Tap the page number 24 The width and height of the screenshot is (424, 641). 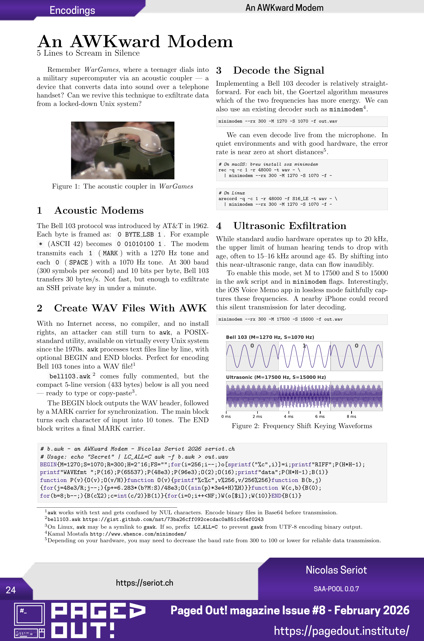(11, 590)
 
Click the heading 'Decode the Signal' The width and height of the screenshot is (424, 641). (278, 70)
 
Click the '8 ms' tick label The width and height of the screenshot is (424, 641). (351, 416)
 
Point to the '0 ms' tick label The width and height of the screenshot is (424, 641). (226, 416)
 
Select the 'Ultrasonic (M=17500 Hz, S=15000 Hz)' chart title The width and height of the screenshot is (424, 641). (276, 377)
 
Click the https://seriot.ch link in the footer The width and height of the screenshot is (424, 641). (144, 583)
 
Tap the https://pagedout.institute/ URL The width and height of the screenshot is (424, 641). (341, 631)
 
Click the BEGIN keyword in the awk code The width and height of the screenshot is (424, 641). (48, 465)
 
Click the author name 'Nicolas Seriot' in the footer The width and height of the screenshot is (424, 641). (336, 570)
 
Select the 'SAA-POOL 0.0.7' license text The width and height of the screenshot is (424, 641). (336, 589)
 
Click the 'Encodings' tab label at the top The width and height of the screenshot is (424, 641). (72, 10)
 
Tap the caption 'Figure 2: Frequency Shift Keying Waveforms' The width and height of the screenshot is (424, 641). (301, 426)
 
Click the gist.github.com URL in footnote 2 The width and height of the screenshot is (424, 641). (173, 519)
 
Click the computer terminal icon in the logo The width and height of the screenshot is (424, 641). (29, 615)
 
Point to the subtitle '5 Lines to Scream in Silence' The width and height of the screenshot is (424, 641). (88, 53)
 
